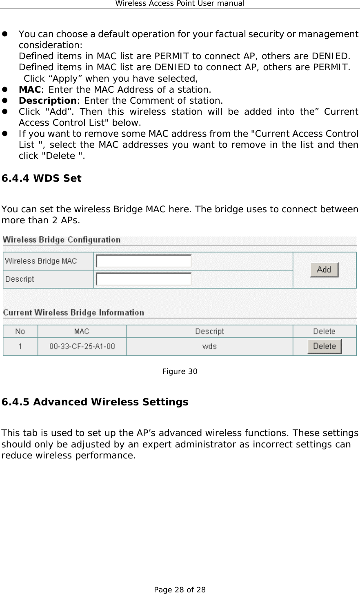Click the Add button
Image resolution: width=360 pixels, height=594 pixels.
tap(324, 270)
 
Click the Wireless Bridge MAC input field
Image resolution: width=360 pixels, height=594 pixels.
tap(144, 261)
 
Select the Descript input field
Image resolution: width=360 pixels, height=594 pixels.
tap(144, 279)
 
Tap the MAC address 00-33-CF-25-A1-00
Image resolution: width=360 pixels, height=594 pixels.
tap(82, 347)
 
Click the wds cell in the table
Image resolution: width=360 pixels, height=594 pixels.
tap(209, 347)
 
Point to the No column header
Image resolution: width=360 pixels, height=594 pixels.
tap(20, 331)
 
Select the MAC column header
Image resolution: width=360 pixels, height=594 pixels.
tap(82, 331)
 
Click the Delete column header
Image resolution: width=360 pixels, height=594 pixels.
tap(324, 331)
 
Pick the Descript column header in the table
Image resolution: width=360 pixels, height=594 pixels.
tap(209, 331)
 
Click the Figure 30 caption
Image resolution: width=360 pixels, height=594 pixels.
tap(180, 372)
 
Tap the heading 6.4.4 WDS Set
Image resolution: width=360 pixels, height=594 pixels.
tap(42, 178)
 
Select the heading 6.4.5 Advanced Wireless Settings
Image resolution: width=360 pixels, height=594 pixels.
tap(95, 402)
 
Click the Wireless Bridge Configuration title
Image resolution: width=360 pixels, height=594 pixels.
tap(62, 240)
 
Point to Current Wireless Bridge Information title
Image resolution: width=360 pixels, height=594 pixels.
tap(73, 313)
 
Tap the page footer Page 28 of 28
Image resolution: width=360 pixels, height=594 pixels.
tap(180, 590)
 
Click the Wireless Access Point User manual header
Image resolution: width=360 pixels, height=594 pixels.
tap(180, 4)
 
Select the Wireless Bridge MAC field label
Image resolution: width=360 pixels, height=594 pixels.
tap(41, 261)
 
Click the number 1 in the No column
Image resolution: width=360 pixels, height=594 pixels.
tap(20, 347)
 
